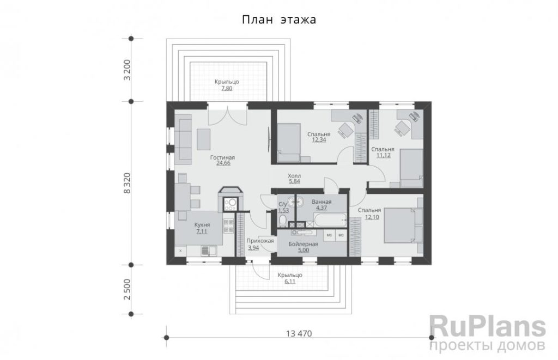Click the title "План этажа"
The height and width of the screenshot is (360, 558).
click(279, 19)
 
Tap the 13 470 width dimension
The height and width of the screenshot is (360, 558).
click(299, 333)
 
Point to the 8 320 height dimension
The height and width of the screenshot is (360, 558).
click(126, 183)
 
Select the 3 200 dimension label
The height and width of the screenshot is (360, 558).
click(127, 70)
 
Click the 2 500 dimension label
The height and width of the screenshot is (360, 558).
click(127, 289)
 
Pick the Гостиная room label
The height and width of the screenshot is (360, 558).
click(222, 157)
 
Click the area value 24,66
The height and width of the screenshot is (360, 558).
click(223, 163)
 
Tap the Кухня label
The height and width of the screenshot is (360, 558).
click(202, 225)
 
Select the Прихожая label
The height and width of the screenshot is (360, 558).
click(260, 241)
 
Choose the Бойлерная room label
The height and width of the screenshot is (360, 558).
click(303, 245)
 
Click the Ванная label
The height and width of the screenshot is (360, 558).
click(322, 202)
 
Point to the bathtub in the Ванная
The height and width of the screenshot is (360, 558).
click(331, 220)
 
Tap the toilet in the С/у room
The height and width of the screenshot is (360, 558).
click(283, 221)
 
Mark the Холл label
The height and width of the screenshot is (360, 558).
click(294, 176)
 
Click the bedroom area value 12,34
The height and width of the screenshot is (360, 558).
click(319, 140)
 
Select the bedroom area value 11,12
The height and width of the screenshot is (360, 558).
click(383, 155)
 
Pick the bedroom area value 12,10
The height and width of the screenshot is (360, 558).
click(372, 217)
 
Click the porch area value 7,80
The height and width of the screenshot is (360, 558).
click(227, 88)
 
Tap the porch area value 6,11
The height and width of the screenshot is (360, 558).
click(290, 281)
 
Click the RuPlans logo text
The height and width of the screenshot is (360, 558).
click(488, 327)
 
